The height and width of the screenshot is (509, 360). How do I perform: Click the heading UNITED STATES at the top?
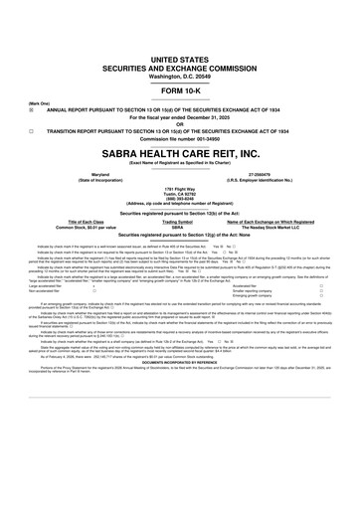pyautogui.click(x=179, y=33)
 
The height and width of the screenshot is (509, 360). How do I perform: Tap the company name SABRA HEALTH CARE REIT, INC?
pyautogui.click(x=179, y=155)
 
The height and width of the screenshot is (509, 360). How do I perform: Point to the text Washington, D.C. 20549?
pyautogui.click(x=179, y=48)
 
